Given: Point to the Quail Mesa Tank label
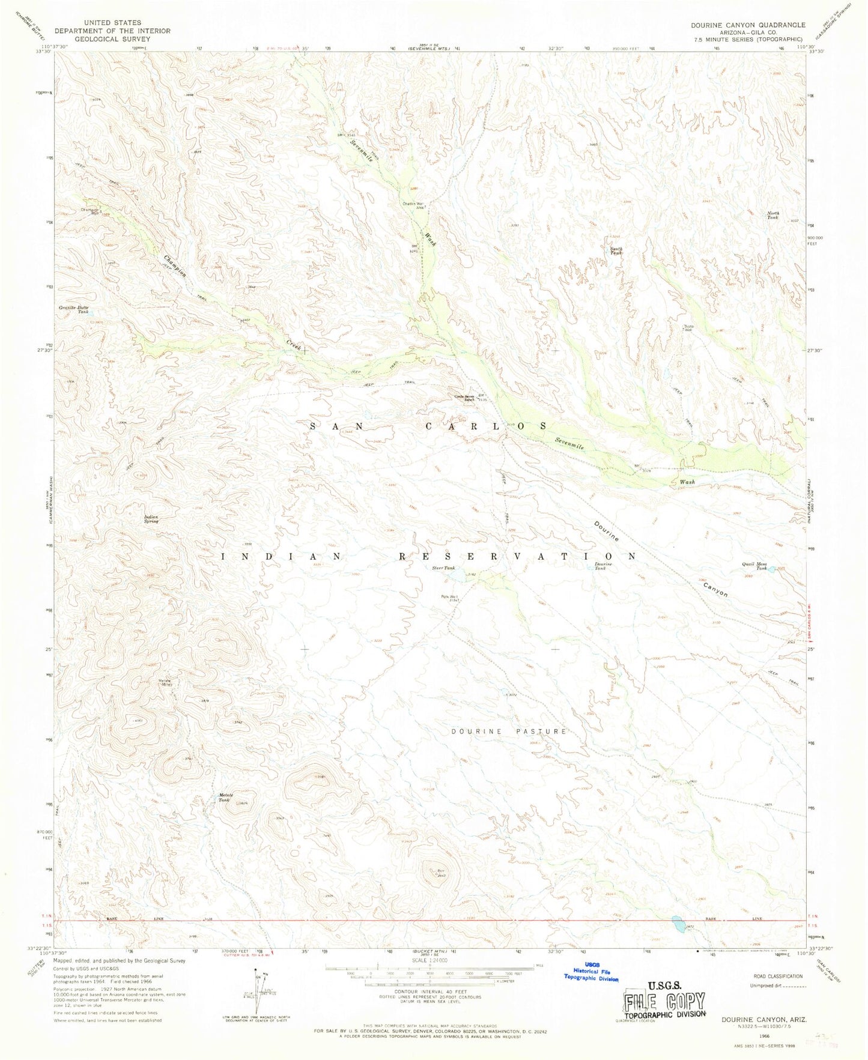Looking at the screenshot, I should pyautogui.click(x=754, y=566).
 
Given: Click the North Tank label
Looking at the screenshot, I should pyautogui.click(x=772, y=215).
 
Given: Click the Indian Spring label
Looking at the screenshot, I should pyautogui.click(x=151, y=519).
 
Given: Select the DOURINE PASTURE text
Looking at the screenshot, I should pyautogui.click(x=509, y=731).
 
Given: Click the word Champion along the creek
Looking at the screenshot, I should pyautogui.click(x=175, y=266).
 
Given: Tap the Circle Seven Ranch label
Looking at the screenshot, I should pyautogui.click(x=467, y=398).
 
